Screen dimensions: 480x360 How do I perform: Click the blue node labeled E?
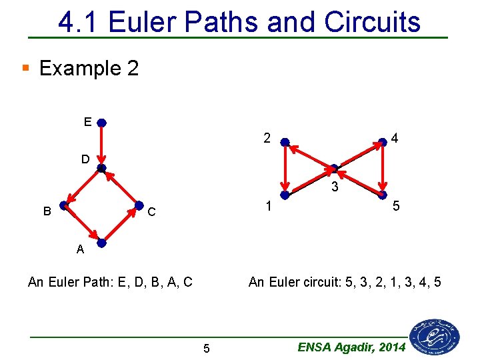pos(101,123)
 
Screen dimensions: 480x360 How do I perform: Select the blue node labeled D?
pos(101,168)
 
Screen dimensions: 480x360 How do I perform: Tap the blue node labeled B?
pos(64,205)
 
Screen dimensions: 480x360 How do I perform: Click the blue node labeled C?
pos(139,205)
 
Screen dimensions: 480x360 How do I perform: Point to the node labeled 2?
pos(285,142)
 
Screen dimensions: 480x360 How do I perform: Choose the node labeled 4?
pos(382,142)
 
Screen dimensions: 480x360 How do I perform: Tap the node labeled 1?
pos(285,195)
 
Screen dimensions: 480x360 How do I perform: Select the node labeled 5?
pos(382,195)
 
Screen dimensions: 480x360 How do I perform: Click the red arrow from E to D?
pos(101,145)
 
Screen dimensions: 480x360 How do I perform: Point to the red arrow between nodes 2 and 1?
pos(285,169)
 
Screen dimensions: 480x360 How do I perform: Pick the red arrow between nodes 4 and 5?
pos(382,169)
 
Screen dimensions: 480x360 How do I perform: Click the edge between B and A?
pos(83,224)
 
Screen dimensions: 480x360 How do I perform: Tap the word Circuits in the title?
pos(372,22)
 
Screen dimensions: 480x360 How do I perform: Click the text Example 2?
pos(89,68)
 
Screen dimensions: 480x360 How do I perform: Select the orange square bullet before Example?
pos(25,67)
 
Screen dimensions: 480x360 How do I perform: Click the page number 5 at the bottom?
pos(206,348)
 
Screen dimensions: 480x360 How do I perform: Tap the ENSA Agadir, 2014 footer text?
pos(351,347)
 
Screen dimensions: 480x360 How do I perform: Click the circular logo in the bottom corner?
pos(435,336)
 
